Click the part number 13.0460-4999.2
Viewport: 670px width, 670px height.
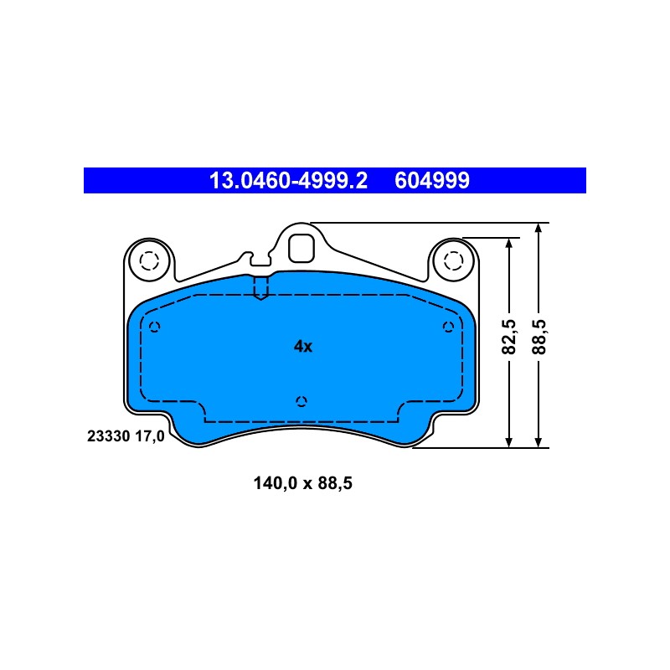coord(288,180)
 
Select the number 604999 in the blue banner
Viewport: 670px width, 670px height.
coord(432,180)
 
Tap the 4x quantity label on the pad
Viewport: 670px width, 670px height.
coord(303,346)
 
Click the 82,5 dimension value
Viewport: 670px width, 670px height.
coord(509,337)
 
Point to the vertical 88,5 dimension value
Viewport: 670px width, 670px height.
coord(539,337)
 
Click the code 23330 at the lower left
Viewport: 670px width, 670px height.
coord(109,436)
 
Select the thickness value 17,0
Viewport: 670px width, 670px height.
coord(150,436)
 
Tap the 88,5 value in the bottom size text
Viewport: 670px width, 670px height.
coord(335,483)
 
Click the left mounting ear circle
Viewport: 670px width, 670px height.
coord(149,260)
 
